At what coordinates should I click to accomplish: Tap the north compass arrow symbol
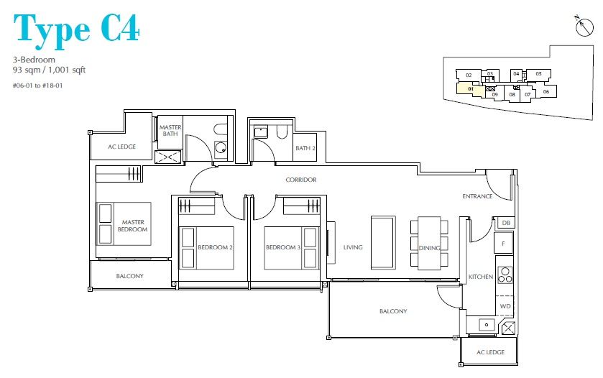coord(584,26)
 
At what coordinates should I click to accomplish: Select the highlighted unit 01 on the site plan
coord(469,89)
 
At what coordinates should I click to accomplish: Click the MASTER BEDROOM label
coord(133,226)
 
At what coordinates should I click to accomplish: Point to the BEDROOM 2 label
coord(215,247)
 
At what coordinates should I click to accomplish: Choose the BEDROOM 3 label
coord(283,247)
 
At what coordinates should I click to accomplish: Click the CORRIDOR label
coord(301,180)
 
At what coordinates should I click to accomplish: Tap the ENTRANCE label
coord(477,196)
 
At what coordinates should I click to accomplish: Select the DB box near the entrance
coord(506,223)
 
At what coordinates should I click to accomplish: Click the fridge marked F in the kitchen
coord(504,243)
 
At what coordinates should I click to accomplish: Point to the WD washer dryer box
coord(505,306)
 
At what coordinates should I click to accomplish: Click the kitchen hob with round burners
coord(505,275)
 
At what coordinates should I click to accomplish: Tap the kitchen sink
coord(487,325)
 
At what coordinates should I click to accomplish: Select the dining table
coord(429,243)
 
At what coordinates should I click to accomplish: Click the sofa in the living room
coord(383,242)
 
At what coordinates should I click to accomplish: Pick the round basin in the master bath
coord(221,147)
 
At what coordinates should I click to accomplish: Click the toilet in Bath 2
coord(282,132)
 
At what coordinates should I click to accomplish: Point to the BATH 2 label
coord(305,148)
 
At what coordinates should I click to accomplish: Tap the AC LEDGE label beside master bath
coord(121,147)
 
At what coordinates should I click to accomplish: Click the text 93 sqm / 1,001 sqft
coord(49,70)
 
